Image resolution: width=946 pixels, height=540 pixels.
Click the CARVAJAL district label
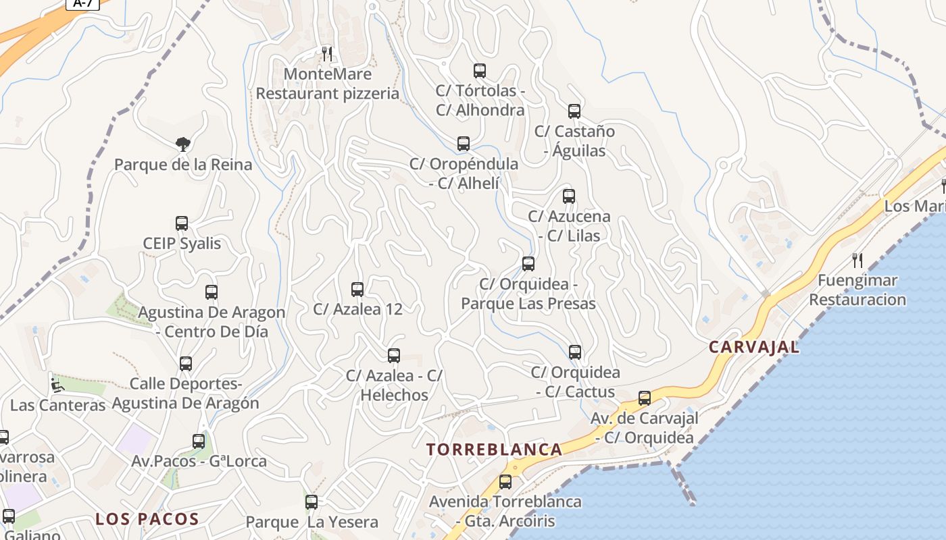click(x=753, y=348)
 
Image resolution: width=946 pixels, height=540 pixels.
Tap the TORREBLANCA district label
click(x=495, y=450)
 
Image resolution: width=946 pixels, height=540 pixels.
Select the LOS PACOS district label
click(x=147, y=519)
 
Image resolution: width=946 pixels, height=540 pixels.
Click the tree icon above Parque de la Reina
click(x=182, y=144)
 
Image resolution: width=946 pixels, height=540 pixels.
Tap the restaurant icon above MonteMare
click(x=327, y=53)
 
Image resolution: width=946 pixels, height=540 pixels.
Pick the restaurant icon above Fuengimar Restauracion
click(x=857, y=260)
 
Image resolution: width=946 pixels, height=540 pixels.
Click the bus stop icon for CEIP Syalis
click(x=182, y=223)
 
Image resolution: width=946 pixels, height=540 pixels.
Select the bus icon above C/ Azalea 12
click(x=357, y=290)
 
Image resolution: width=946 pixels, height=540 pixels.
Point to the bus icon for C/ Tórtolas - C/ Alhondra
click(x=480, y=71)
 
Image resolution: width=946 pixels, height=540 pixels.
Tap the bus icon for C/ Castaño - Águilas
click(x=574, y=111)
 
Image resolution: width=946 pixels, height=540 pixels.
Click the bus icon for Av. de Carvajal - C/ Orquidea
click(x=645, y=398)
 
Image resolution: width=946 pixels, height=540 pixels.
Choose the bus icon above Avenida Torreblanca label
click(x=505, y=482)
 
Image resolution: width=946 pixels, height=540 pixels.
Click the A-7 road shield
click(x=82, y=3)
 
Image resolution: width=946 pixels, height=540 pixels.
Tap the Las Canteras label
click(x=58, y=405)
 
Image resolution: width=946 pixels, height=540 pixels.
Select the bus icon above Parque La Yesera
click(x=312, y=502)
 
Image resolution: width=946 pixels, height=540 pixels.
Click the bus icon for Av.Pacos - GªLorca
click(x=199, y=441)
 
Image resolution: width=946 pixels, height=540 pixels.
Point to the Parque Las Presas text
click(x=528, y=304)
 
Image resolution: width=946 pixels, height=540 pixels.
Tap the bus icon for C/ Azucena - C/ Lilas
click(x=569, y=196)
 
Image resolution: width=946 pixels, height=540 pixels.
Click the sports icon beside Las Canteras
click(x=57, y=385)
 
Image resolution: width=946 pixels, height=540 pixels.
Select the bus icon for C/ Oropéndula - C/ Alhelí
click(x=464, y=144)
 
